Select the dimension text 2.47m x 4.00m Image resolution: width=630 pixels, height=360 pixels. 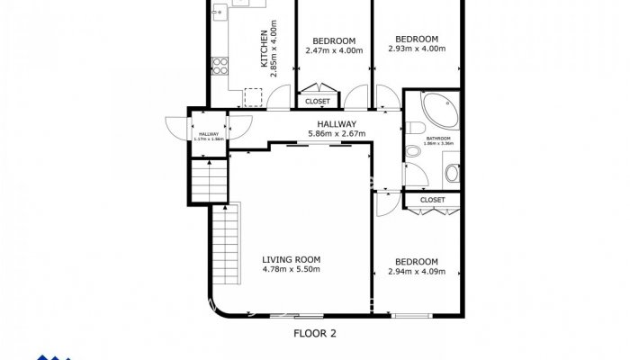[x=334, y=50]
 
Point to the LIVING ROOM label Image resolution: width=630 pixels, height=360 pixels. [x=290, y=258]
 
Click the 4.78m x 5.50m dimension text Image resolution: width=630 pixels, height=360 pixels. [x=290, y=268]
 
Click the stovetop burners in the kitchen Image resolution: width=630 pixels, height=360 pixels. [x=219, y=65]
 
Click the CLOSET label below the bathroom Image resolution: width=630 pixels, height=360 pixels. [x=432, y=200]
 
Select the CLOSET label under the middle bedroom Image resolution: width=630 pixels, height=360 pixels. [x=318, y=102]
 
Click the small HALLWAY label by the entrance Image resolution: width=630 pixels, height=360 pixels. [x=209, y=134]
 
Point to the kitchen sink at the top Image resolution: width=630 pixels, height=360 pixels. [x=241, y=4]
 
